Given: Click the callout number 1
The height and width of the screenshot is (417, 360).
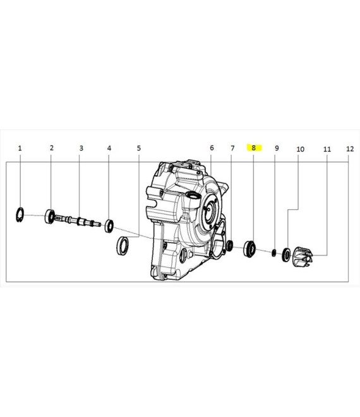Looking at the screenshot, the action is pyautogui.click(x=20, y=148).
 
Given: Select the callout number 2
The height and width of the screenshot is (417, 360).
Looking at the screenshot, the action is pyautogui.click(x=52, y=148).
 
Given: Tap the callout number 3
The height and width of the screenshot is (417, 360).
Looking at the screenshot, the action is pyautogui.click(x=81, y=148).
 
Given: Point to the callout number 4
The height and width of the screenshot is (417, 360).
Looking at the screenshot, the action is pyautogui.click(x=109, y=148).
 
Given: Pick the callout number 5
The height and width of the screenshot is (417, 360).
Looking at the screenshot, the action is pyautogui.click(x=139, y=148).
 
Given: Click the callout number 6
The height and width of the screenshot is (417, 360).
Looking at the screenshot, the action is pyautogui.click(x=212, y=148).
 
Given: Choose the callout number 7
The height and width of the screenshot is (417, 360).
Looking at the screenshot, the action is pyautogui.click(x=232, y=148).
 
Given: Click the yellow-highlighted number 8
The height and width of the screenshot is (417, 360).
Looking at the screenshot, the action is pyautogui.click(x=253, y=148).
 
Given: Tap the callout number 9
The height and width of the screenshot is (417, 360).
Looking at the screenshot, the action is pyautogui.click(x=277, y=148).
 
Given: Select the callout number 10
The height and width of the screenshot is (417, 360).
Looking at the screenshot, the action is pyautogui.click(x=300, y=149).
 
